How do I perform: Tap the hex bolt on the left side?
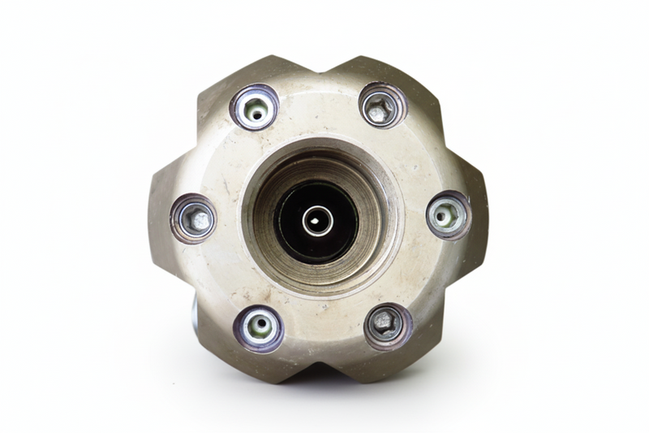click(x=194, y=219)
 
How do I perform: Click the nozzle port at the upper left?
click(x=255, y=107)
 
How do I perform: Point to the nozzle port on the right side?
click(x=448, y=215)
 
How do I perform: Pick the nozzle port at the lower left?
click(x=260, y=327)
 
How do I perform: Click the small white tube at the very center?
click(x=316, y=220)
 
